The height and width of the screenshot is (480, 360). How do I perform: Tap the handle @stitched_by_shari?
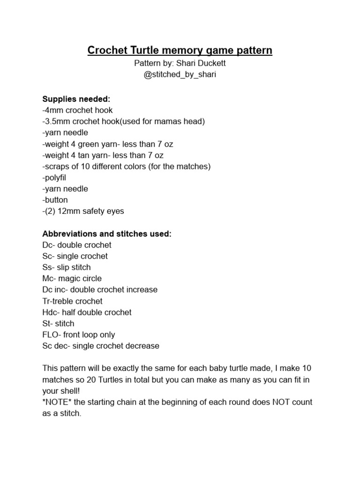click(x=180, y=75)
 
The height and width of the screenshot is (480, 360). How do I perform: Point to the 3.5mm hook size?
click(x=58, y=121)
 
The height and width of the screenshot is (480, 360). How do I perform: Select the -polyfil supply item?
click(x=55, y=178)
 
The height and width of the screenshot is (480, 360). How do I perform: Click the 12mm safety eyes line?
click(x=83, y=211)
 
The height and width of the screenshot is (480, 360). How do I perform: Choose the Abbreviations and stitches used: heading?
click(x=107, y=233)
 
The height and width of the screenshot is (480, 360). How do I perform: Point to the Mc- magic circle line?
click(x=72, y=278)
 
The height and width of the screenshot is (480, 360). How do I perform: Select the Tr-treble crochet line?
click(x=72, y=301)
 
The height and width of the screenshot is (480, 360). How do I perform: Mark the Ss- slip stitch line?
click(x=67, y=267)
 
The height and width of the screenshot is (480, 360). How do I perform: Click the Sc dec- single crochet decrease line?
click(x=101, y=346)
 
